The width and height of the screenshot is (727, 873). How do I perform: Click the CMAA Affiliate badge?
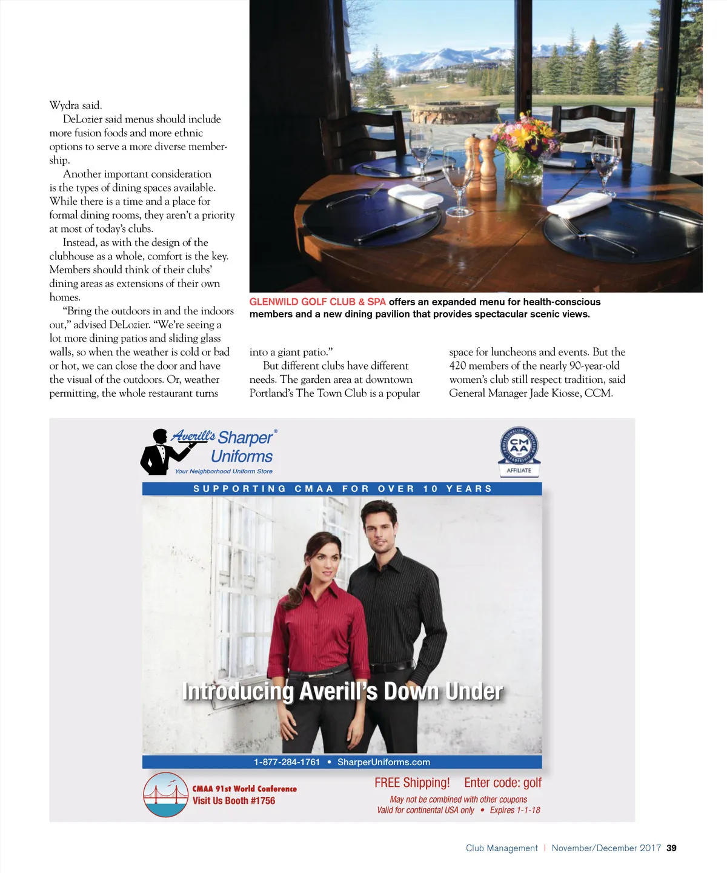[519, 451]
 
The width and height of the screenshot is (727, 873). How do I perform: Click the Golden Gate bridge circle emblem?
[165, 794]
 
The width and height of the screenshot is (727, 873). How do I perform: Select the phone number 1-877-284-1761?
[287, 762]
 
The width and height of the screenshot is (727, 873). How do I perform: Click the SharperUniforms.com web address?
[383, 762]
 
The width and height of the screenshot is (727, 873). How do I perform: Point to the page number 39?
[671, 848]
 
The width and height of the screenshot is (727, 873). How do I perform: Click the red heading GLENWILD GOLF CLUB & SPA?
[317, 302]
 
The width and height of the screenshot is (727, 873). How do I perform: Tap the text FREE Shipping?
[412, 783]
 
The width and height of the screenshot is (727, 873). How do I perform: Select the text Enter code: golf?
[503, 783]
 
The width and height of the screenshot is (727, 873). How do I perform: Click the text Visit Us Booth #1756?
[234, 800]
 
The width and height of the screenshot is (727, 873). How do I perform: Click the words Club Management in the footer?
[502, 848]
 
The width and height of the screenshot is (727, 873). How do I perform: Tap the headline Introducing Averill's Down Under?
[342, 691]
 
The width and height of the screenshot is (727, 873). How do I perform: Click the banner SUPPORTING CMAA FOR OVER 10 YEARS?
[342, 489]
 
